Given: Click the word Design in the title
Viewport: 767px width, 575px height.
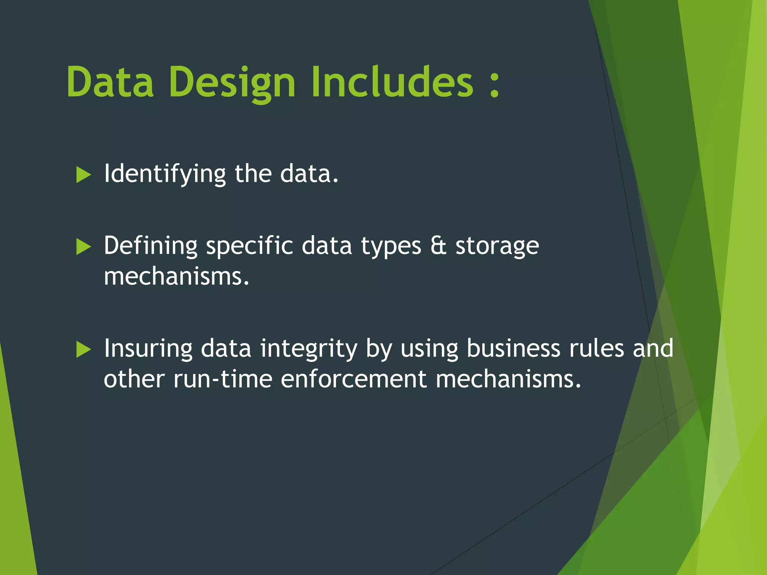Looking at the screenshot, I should tap(232, 82).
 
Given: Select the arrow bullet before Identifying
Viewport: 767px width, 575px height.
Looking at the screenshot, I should tap(84, 175).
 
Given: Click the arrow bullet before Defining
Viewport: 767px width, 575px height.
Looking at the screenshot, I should tap(84, 247).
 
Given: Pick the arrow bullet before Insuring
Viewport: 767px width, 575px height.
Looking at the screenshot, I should tap(84, 349).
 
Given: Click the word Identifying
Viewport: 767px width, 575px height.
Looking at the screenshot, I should tap(165, 174).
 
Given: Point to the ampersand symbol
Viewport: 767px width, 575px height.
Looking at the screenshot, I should tap(438, 246).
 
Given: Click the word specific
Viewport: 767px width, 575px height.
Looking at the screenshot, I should tap(249, 246).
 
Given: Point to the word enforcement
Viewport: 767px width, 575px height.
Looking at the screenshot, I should tap(354, 379).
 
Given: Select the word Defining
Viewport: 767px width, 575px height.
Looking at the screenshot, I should tap(151, 246).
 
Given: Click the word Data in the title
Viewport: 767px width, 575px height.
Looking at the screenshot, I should tap(110, 82).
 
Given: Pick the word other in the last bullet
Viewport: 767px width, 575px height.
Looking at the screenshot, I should tap(134, 379).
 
